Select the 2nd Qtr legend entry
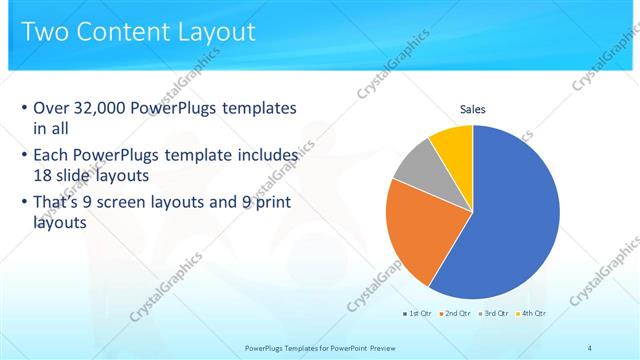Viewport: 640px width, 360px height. tap(455, 313)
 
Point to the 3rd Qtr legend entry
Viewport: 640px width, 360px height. tap(493, 313)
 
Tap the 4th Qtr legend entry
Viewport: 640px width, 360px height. tap(531, 313)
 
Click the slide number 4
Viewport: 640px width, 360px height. tap(589, 347)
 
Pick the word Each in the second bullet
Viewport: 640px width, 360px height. tap(52, 156)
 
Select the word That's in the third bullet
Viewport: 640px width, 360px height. tap(58, 204)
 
